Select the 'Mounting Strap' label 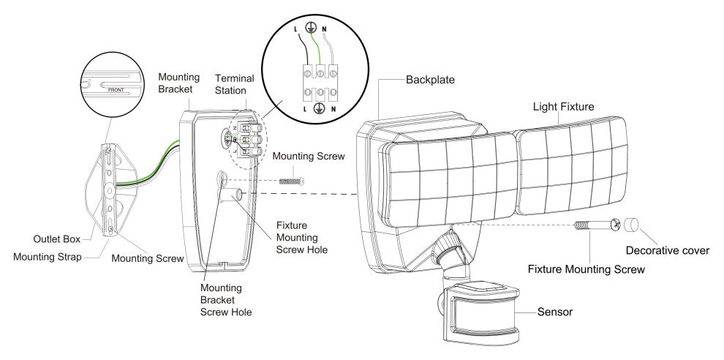pyautogui.click(x=46, y=256)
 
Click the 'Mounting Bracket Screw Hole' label pyautogui.click(x=226, y=299)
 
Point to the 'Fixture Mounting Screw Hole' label pyautogui.click(x=302, y=239)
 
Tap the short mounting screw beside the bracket pyautogui.click(x=290, y=179)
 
